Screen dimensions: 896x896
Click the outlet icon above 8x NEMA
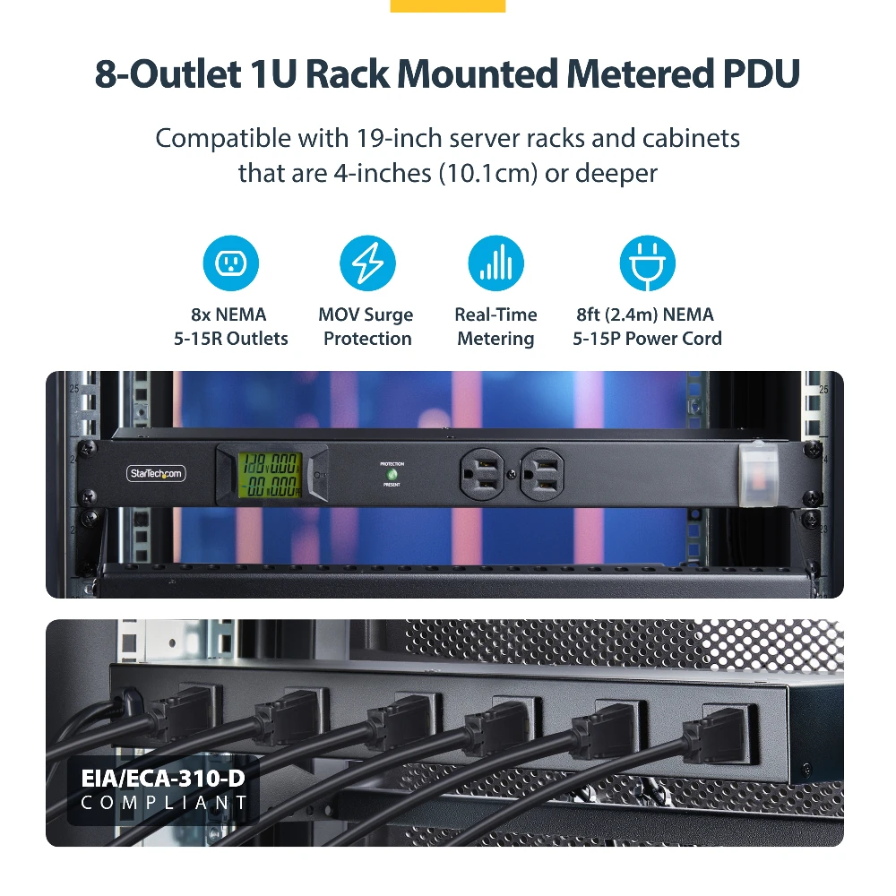point(231,263)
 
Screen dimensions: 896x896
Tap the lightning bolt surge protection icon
point(367,263)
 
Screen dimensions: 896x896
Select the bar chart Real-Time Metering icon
point(495,263)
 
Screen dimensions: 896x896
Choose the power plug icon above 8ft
point(647,263)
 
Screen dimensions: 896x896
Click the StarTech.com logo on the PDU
point(155,472)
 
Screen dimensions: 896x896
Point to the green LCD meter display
point(269,474)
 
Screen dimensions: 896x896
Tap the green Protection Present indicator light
point(392,474)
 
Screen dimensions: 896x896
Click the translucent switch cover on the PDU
point(754,473)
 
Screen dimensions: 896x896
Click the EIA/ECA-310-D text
point(162,778)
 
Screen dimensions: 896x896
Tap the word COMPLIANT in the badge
point(164,802)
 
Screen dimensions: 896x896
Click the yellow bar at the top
point(448,5)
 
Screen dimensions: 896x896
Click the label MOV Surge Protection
point(366,327)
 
